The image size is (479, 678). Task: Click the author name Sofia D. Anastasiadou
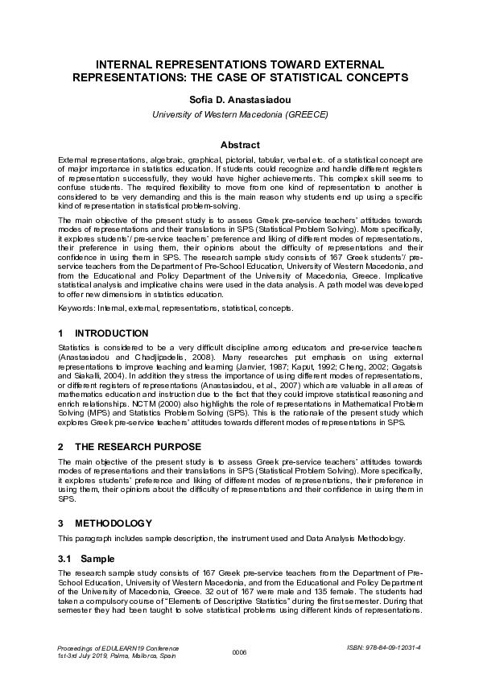tap(240, 99)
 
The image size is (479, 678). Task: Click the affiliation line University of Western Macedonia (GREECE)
tap(240, 114)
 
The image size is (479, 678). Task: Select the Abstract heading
tap(240, 145)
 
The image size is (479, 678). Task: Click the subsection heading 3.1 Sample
tap(86, 558)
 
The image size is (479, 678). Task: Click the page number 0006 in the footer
tap(239, 651)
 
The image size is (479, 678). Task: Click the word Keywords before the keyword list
tap(76, 308)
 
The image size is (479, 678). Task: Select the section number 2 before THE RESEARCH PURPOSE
tap(61, 445)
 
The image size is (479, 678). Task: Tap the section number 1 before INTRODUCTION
tap(61, 333)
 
